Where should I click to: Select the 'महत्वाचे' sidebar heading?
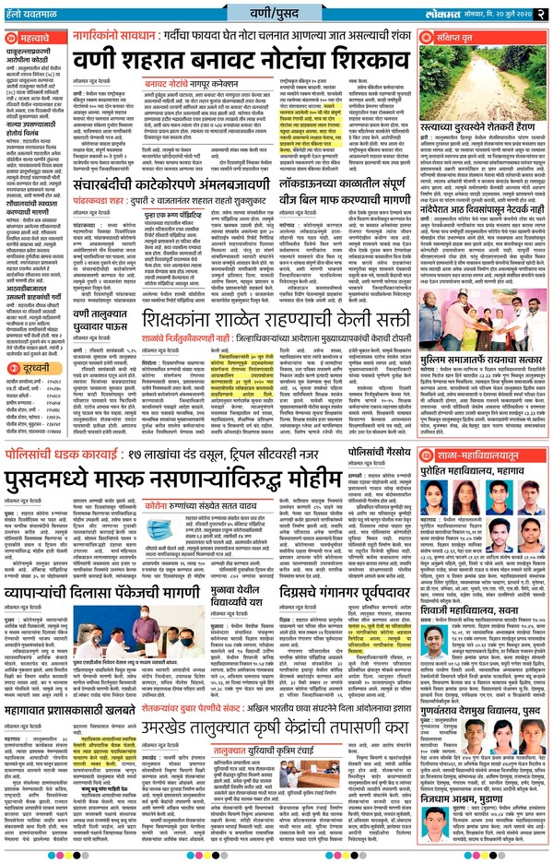point(33,41)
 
